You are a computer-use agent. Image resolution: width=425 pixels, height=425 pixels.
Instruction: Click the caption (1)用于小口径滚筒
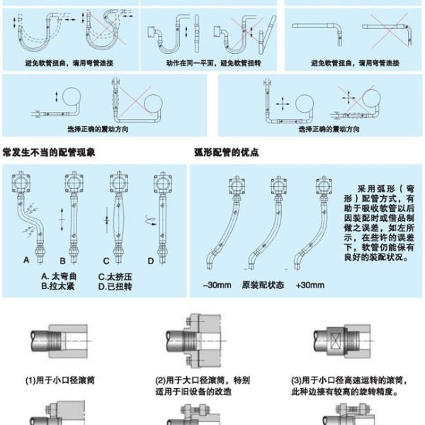61,380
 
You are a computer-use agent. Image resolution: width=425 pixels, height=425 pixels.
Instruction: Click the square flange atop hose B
69,186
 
